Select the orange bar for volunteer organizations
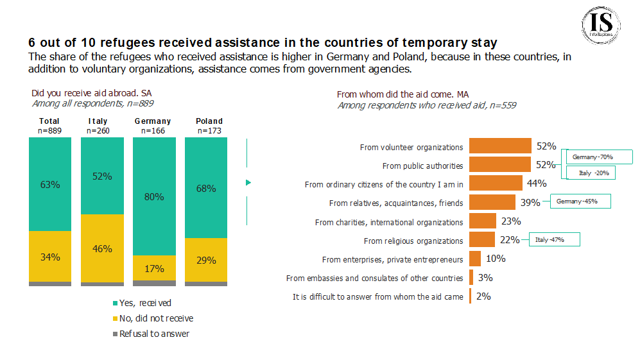[x=500, y=146]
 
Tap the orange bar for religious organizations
[x=481, y=240]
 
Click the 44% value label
[x=536, y=184]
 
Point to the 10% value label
[x=496, y=259]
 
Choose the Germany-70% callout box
[x=597, y=157]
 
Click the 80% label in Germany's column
[x=154, y=197]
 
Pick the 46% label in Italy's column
[x=102, y=248]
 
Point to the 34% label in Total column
[x=50, y=257]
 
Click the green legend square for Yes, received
[x=116, y=303]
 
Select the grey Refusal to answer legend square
[x=116, y=334]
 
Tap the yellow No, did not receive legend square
[x=116, y=318]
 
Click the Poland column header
[x=209, y=121]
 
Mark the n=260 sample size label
[x=98, y=131]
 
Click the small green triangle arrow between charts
[x=248, y=183]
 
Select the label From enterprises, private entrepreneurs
[x=392, y=259]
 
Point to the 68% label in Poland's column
[x=207, y=189]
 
